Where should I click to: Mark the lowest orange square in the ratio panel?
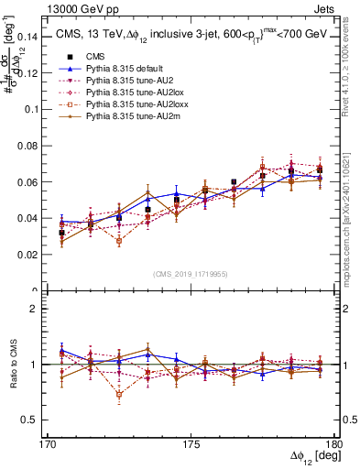[119, 395]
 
